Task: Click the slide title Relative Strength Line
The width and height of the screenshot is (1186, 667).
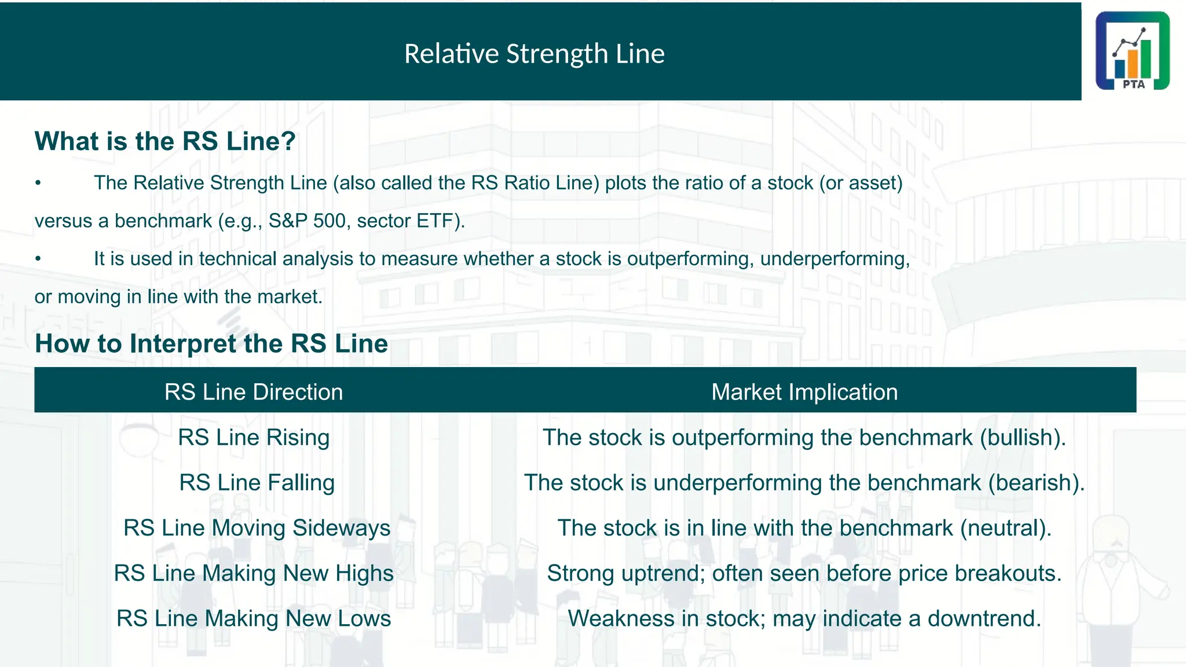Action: pos(534,54)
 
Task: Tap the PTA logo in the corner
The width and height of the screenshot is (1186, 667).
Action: pos(1132,51)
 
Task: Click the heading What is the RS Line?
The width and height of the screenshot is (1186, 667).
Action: pos(165,141)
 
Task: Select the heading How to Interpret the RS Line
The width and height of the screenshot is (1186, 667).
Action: pos(211,343)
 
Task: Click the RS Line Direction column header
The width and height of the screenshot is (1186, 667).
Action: pos(254,392)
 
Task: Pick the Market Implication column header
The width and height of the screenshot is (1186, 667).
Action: pos(804,392)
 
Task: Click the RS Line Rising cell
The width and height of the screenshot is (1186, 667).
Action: pos(254,437)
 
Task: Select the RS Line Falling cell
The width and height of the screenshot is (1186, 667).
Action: pos(257,482)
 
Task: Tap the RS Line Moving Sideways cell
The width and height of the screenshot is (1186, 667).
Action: pos(257,527)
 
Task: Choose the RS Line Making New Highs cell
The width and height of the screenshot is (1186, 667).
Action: pos(254,573)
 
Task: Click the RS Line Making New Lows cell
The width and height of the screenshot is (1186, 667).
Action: pos(254,618)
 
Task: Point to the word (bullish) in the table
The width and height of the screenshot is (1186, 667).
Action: pos(1022,437)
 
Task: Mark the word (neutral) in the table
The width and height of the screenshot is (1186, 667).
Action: pos(1005,527)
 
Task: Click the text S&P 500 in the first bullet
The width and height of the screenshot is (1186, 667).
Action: pos(307,221)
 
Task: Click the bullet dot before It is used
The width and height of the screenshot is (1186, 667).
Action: pos(38,259)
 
